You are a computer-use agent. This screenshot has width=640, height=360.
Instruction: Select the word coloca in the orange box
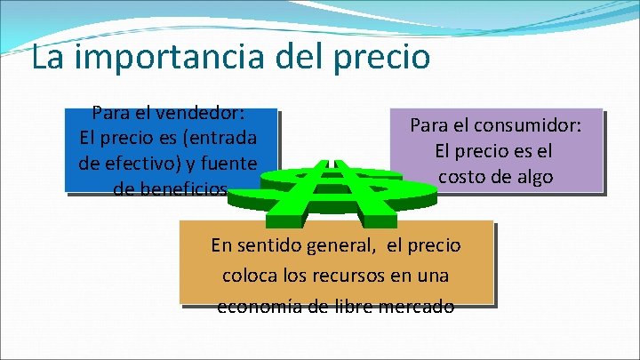click(249, 276)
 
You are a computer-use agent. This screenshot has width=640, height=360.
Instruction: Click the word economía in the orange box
click(257, 307)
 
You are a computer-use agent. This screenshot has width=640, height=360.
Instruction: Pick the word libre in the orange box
click(356, 307)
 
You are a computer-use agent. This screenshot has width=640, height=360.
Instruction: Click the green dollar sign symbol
click(334, 190)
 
